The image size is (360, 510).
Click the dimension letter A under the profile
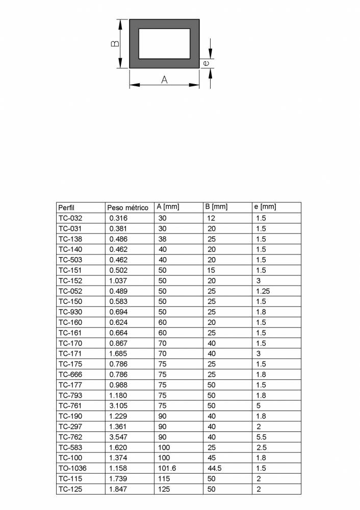coord(164,80)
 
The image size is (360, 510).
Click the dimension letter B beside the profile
coord(115,44)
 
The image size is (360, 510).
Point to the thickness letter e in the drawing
coord(205,63)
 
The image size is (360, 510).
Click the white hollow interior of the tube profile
coord(164,43)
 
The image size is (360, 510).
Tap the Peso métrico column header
coord(127,208)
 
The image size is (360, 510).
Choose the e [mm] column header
coord(265,207)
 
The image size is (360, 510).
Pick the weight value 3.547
coord(118,437)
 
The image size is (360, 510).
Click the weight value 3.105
coord(118,406)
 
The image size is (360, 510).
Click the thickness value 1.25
coord(263,291)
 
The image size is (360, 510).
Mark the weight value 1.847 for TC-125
coord(118,489)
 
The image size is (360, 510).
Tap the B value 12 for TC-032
coord(211,218)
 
